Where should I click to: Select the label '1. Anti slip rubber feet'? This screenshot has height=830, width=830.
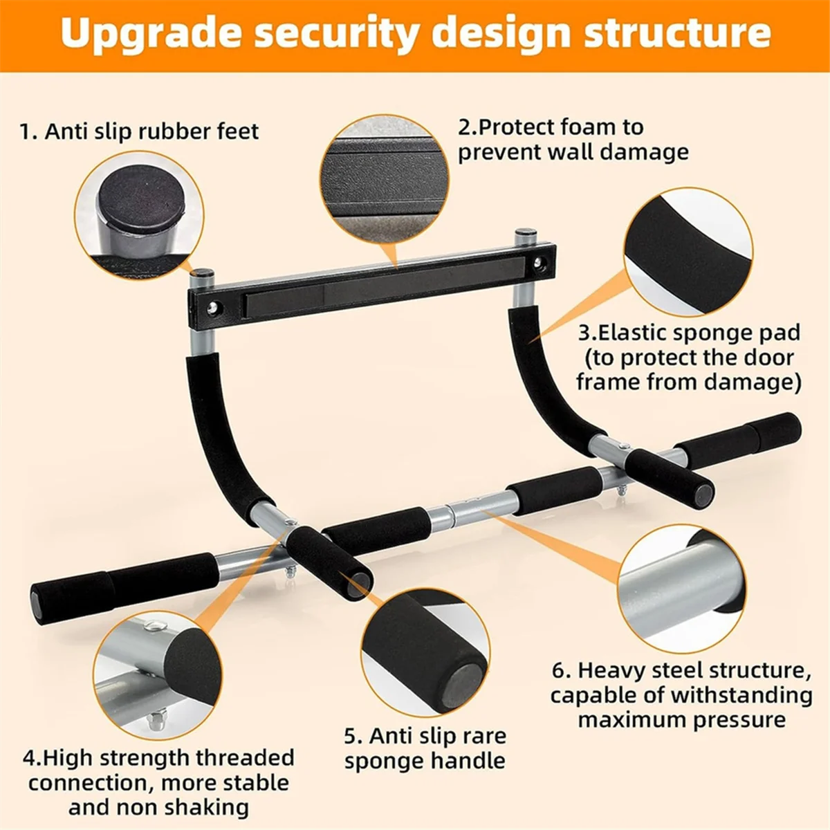(x=139, y=131)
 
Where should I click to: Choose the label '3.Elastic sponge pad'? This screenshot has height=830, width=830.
(x=689, y=333)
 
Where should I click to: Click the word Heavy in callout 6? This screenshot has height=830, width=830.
(x=618, y=670)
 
